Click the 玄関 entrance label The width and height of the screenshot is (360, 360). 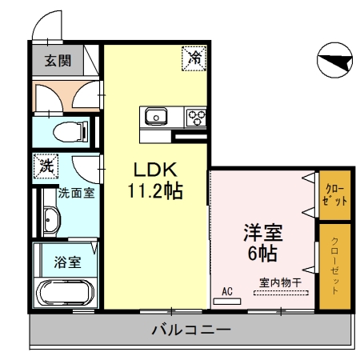(x=56, y=60)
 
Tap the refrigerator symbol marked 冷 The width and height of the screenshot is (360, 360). (x=194, y=56)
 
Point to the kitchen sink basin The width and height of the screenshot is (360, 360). (x=155, y=117)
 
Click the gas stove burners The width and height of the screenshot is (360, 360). (x=195, y=117)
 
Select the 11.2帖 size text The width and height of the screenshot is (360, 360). (x=154, y=191)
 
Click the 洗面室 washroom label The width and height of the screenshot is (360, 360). (x=77, y=194)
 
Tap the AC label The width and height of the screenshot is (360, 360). (x=226, y=292)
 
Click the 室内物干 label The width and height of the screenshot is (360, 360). (x=280, y=282)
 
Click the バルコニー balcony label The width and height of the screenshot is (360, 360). (x=190, y=330)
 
